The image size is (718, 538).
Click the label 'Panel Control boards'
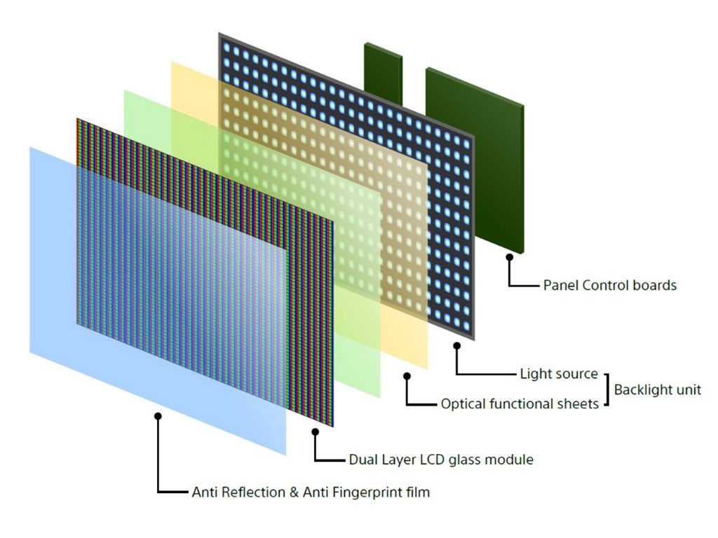(609, 285)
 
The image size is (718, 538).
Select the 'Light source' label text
(559, 374)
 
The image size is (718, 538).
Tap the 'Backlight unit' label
(657, 390)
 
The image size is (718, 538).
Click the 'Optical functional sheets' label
(520, 404)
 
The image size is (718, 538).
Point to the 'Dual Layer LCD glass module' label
(441, 460)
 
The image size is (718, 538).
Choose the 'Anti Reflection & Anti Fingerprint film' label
(311, 492)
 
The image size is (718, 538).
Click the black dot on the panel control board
(510, 258)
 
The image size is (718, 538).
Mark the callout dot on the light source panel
(457, 345)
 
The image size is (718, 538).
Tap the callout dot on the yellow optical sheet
(407, 376)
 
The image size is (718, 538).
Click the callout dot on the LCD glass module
(315, 432)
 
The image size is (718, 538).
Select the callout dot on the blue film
(158, 416)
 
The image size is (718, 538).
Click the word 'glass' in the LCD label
(466, 460)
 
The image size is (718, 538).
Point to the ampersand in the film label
(292, 492)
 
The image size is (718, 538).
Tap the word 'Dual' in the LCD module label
(364, 460)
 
